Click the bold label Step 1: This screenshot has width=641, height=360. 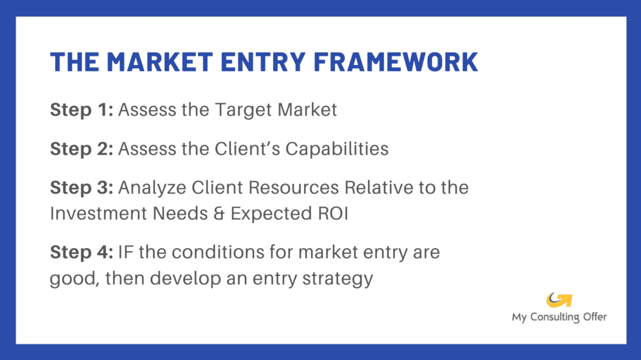point(81,110)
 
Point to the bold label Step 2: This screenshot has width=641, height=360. point(81,149)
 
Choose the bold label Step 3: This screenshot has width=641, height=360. point(81,187)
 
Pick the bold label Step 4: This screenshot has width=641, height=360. point(81,253)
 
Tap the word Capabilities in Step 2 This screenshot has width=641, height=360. point(342,149)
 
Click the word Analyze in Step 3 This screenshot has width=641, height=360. point(147,187)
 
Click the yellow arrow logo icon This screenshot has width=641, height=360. point(559,300)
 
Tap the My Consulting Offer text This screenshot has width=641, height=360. point(559,317)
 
